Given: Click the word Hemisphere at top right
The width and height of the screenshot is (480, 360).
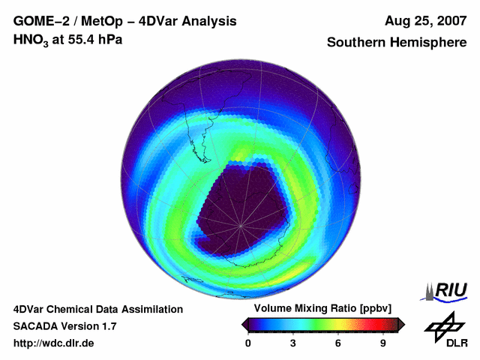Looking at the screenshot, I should (431, 43).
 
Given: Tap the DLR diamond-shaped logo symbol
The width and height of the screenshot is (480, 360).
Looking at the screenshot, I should (442, 325).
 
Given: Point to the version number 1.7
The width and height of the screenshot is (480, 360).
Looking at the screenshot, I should (108, 326).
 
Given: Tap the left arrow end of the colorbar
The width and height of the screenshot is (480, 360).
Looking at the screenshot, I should (244, 324).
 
